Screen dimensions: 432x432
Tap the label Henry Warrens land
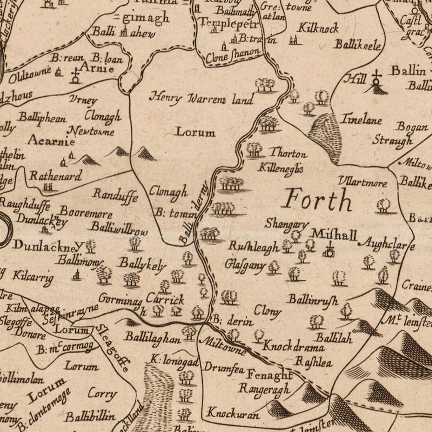(x=201, y=98)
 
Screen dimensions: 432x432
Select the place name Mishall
(x=334, y=235)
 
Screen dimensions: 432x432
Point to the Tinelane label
(x=360, y=119)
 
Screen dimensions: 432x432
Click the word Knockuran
(x=233, y=413)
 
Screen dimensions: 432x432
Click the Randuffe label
(x=115, y=195)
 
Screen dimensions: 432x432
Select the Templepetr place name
(x=229, y=23)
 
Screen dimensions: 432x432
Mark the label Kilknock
(x=318, y=28)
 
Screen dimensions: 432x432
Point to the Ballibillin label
(x=90, y=416)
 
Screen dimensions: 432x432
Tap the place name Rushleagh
(x=253, y=247)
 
